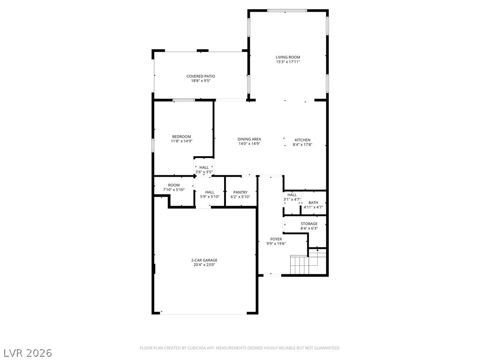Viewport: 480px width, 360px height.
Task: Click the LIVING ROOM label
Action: pos(287,57)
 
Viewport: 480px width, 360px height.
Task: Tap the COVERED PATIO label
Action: pos(201,76)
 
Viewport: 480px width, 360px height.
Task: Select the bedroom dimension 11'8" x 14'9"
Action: pos(181,141)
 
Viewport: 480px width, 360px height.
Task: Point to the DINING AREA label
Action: pos(249,139)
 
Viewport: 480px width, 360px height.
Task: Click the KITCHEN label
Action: pos(302,140)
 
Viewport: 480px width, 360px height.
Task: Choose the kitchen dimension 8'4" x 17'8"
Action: pos(302,145)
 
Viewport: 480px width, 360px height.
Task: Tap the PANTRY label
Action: pos(240,192)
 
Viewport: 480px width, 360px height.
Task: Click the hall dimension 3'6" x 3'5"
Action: pos(204,172)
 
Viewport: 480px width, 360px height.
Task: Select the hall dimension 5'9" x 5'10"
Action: pos(210,197)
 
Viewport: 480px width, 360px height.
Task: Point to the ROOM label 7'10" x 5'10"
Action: pos(174,185)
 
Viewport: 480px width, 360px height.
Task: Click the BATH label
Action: pos(313,202)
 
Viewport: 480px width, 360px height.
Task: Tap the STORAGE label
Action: pos(309,224)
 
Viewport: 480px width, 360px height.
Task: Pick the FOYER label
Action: pos(276,239)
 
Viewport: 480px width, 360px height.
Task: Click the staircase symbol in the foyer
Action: pos(300,265)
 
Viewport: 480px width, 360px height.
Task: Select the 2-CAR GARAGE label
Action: pos(204,260)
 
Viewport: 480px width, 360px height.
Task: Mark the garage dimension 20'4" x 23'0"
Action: pos(204,265)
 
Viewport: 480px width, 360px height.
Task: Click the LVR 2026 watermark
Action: pos(28,352)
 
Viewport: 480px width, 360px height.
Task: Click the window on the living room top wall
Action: pos(287,10)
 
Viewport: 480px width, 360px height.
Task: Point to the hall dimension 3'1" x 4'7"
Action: pos(292,200)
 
